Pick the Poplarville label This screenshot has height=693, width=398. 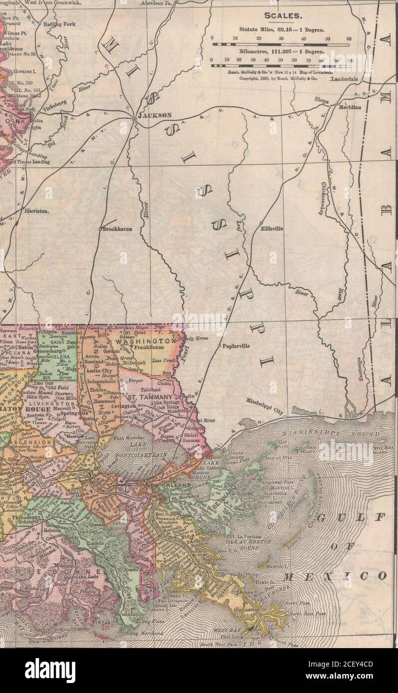click(x=236, y=346)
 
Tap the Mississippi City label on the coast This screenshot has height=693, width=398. click(x=264, y=407)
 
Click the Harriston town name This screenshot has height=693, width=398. click(x=37, y=211)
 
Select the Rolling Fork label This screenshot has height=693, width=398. click(x=59, y=24)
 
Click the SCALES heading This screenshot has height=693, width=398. click(x=282, y=15)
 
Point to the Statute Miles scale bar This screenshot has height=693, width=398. click(x=281, y=44)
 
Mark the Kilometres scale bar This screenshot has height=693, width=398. click(x=282, y=65)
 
